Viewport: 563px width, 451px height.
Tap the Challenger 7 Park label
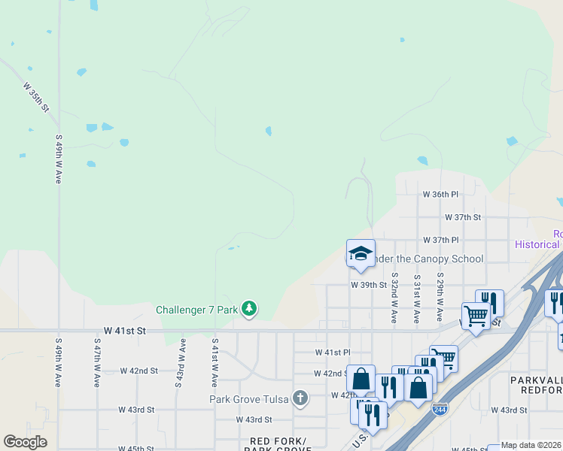click(x=197, y=310)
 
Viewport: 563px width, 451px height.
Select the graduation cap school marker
click(x=361, y=253)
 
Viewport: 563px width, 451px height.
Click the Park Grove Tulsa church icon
click(x=300, y=397)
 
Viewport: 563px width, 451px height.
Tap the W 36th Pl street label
click(x=440, y=194)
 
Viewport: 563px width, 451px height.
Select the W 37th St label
click(x=462, y=217)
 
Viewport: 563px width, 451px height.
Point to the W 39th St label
click(x=368, y=285)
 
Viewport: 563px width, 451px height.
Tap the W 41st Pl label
click(x=333, y=352)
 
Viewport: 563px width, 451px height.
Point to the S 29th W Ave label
click(x=440, y=287)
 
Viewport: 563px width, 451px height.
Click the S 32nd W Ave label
click(x=394, y=298)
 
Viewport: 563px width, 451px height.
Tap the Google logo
click(x=25, y=441)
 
